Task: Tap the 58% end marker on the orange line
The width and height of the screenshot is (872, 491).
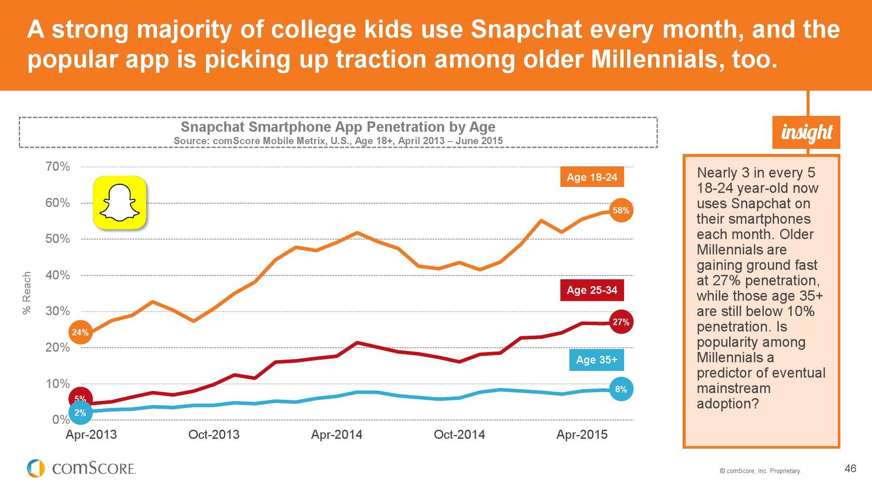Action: [621, 210]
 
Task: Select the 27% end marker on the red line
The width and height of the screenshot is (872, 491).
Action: [621, 322]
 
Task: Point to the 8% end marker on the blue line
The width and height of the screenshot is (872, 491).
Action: [621, 389]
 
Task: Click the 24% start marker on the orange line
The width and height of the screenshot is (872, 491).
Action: [80, 332]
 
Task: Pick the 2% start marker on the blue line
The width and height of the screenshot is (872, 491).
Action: [80, 413]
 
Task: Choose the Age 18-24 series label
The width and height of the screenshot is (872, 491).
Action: [592, 177]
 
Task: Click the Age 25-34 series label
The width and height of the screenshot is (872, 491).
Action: [592, 290]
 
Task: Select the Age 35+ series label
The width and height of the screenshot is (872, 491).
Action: [596, 360]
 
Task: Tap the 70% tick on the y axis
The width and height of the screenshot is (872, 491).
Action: [58, 166]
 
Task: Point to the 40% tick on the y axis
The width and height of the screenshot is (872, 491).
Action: [58, 275]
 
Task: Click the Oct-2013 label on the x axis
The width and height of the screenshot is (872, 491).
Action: [214, 435]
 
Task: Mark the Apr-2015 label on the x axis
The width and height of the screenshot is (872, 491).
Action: [582, 435]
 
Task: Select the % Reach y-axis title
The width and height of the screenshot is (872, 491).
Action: [27, 293]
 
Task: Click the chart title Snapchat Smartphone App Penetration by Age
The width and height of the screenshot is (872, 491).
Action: [338, 127]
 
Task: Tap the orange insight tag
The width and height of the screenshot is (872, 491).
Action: [806, 132]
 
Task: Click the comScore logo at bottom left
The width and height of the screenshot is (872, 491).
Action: [81, 468]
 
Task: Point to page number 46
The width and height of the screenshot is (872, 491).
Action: [850, 468]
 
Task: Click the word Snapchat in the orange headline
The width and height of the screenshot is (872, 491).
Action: [526, 30]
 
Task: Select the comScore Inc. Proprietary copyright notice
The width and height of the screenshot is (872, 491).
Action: [760, 471]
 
